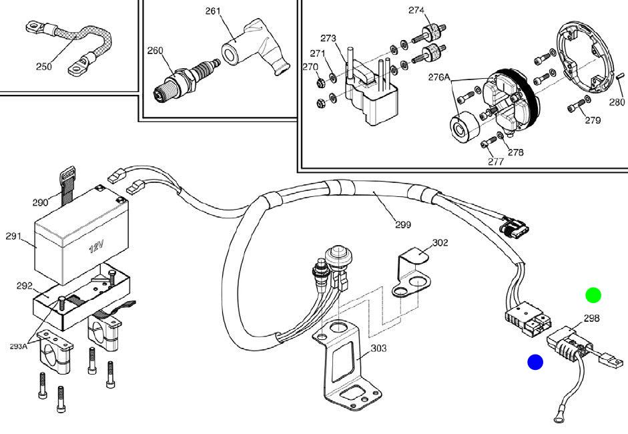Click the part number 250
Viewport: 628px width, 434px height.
click(43, 67)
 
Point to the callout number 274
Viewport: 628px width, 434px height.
click(416, 10)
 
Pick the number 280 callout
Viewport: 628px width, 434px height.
click(617, 102)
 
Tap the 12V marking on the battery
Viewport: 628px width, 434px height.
click(97, 247)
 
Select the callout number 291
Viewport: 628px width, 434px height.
click(13, 236)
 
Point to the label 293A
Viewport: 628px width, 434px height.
click(19, 346)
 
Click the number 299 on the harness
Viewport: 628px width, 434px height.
click(402, 225)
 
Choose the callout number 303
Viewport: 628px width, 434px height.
click(378, 348)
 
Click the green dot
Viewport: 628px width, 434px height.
click(593, 294)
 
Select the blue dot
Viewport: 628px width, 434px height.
click(535, 362)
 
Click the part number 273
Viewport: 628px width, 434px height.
click(328, 38)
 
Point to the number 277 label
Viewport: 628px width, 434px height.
click(495, 161)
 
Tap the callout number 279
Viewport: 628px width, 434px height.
click(593, 120)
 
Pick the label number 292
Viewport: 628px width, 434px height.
click(24, 286)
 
